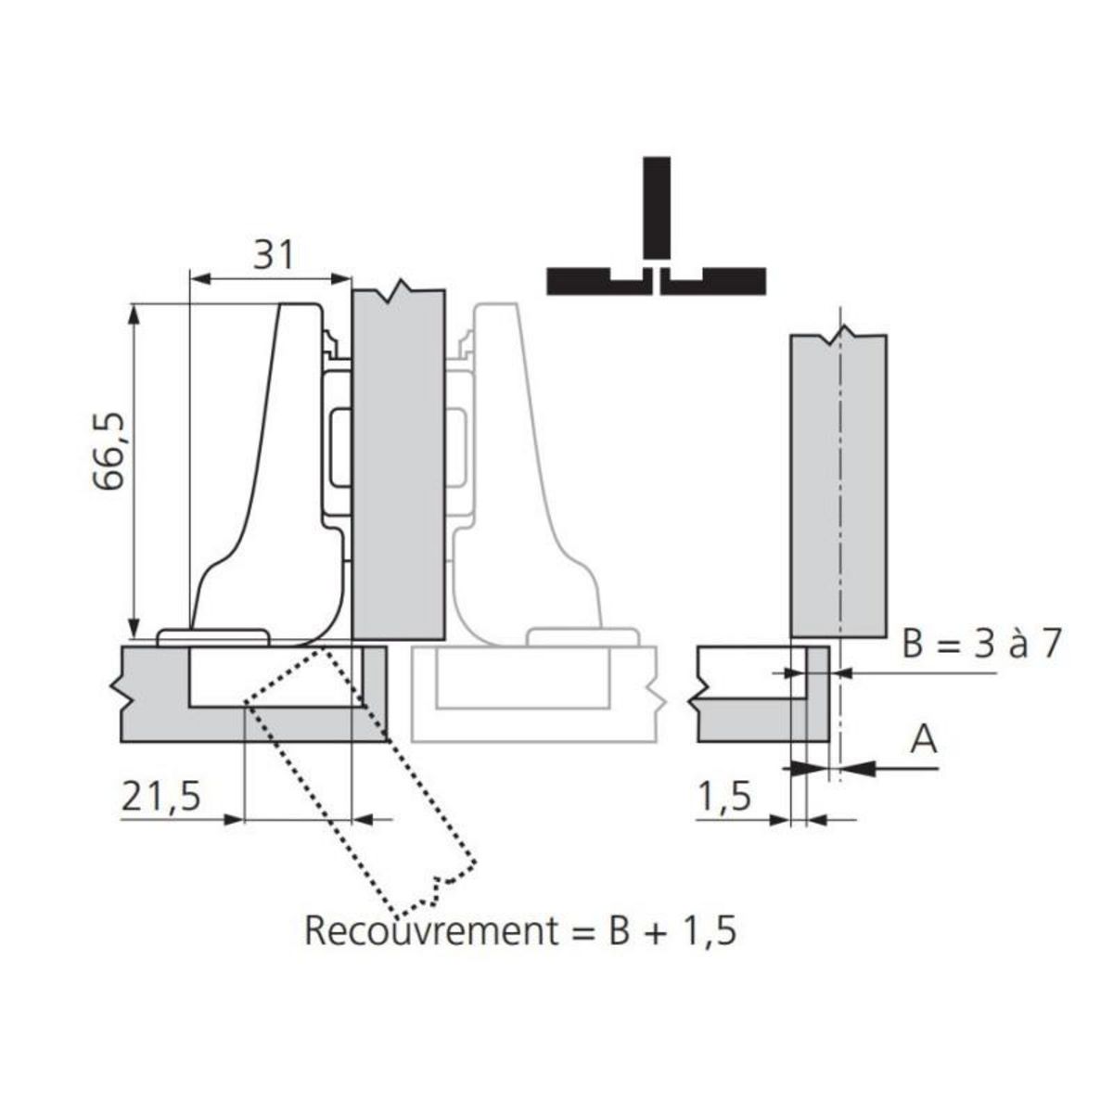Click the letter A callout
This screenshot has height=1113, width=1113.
[x=924, y=740]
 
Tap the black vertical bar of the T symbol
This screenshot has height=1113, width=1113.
[x=656, y=208]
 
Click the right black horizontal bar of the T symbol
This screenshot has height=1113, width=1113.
[x=718, y=281]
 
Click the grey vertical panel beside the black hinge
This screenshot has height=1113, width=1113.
[x=399, y=464]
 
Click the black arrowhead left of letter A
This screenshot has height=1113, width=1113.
[x=859, y=767]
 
